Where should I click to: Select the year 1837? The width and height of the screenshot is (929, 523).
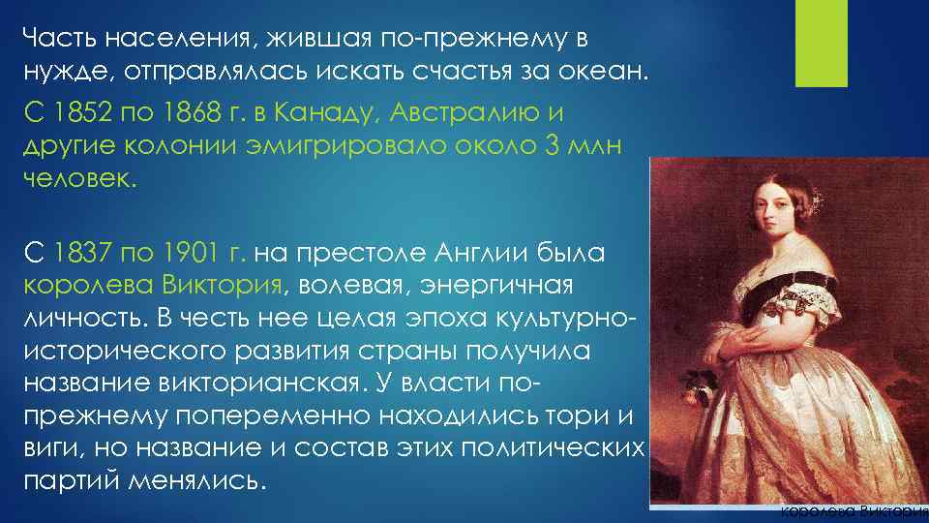point(85,255)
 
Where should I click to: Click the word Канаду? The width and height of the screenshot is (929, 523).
point(316,114)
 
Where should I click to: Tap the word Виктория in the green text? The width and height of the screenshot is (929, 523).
point(223,287)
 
